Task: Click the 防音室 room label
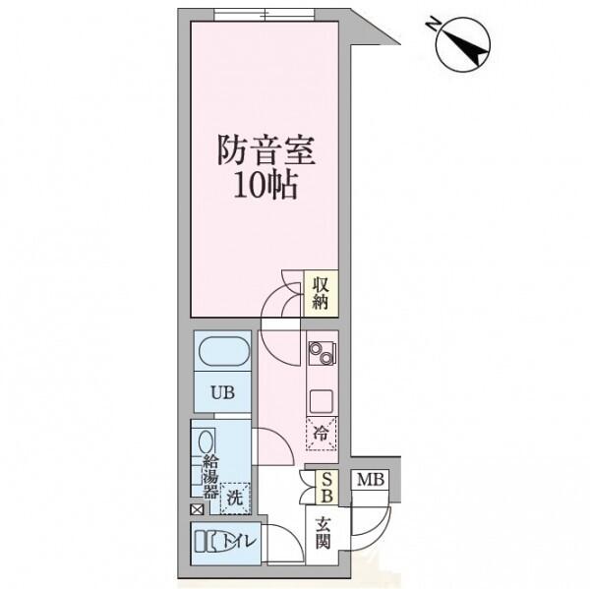pos(265,150)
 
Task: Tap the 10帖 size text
pos(265,185)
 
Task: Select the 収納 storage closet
pos(321,294)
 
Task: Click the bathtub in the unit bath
pos(224,351)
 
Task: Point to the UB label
pos(222,393)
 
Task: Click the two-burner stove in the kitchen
pos(322,353)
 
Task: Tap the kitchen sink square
pos(322,401)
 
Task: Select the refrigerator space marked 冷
pos(322,434)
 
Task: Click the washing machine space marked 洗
pos(235,499)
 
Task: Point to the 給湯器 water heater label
pos(210,477)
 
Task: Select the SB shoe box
pos(327,488)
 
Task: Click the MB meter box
pos(371,480)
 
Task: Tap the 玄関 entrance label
pos(323,533)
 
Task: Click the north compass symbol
pos(463,45)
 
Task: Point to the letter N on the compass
pos(433,24)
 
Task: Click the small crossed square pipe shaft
pos(198,510)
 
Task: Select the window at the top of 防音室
pos(265,15)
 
